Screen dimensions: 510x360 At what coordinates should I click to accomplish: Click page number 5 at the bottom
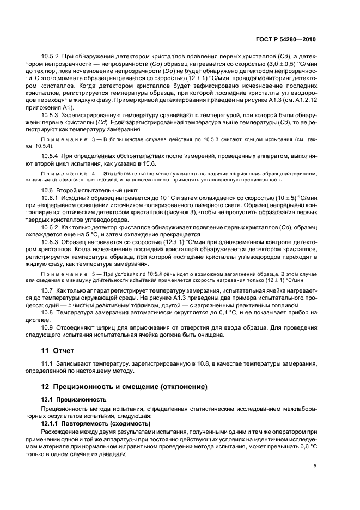point(315,466)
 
